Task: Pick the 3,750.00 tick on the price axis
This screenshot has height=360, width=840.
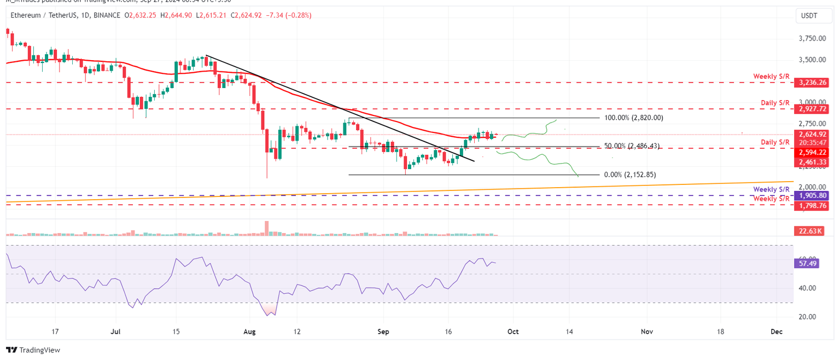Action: tap(812, 39)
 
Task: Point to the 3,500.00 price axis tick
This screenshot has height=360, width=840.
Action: tap(812, 60)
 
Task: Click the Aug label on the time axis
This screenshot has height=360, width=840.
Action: tap(250, 332)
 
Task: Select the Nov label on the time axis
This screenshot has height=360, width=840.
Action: tap(647, 332)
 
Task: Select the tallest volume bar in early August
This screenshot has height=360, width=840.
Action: tap(267, 228)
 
